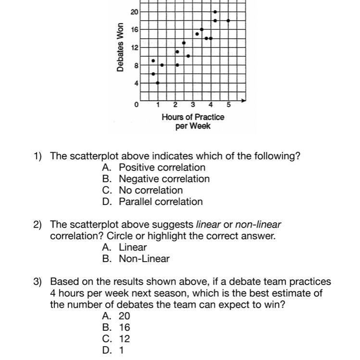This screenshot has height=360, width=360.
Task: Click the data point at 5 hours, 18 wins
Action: [x=228, y=21]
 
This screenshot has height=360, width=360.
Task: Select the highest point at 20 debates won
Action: [x=215, y=12]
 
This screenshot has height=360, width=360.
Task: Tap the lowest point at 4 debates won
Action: [x=158, y=83]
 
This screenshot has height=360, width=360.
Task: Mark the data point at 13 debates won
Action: [x=184, y=43]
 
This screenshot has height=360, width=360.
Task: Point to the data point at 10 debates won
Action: [x=188, y=56]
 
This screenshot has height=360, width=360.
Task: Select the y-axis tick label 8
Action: [x=136, y=65]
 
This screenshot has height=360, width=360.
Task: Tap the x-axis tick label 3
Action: [x=193, y=105]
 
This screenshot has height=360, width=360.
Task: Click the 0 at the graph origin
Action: [x=137, y=104]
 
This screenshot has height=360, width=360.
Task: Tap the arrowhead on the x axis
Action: [x=244, y=100]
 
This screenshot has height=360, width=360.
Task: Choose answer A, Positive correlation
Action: [x=162, y=168]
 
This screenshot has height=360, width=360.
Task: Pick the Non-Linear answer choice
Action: [x=144, y=259]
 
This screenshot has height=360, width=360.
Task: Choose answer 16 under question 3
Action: [x=124, y=327]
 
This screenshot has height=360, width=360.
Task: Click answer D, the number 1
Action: [x=122, y=350]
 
